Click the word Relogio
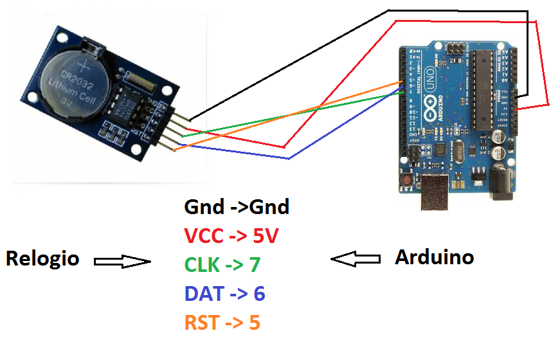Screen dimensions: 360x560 coord(42,258)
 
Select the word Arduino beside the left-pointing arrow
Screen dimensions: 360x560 coord(434,257)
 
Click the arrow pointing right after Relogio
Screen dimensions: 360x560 coord(122,261)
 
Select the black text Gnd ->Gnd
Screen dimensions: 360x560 coord(237,207)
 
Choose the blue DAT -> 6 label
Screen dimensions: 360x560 coord(224,293)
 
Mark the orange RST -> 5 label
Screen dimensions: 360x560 coord(222,321)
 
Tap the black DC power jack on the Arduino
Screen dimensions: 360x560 coord(501,183)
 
